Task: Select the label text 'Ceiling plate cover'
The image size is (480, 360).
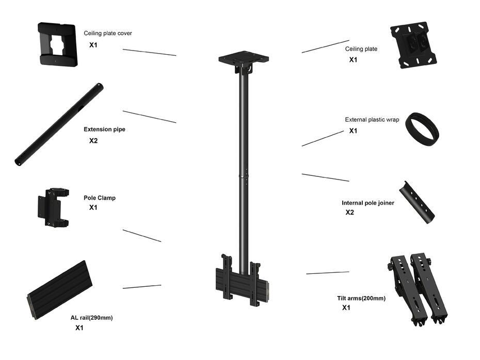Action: pos(108,34)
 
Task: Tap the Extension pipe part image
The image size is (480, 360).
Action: pos(59,124)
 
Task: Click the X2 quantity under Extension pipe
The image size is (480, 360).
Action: pos(93,140)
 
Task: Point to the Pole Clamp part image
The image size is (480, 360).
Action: pos(53,207)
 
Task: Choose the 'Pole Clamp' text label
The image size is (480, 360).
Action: pos(100,198)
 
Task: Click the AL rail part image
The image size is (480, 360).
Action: pos(59,289)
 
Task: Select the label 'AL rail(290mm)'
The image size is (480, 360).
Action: pos(91,318)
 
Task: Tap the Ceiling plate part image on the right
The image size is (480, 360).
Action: pos(413,45)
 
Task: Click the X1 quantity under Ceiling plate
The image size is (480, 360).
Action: pos(353,60)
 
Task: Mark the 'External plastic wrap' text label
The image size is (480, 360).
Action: pos(372,120)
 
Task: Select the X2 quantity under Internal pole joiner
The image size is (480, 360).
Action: pos(350,212)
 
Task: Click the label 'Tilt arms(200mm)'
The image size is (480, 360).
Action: pos(361,298)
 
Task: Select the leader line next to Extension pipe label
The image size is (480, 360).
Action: pos(149,117)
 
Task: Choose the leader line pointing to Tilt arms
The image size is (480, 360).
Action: pos(327,272)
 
